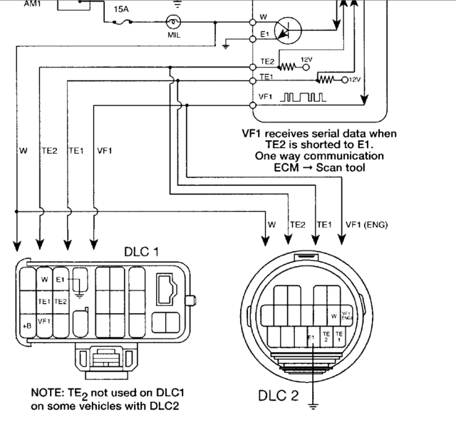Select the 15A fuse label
point(122,9)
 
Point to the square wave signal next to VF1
point(303,95)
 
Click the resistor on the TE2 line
point(286,66)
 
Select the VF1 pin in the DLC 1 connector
point(44,322)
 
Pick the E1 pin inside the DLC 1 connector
point(61,280)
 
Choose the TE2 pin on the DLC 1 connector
point(61,301)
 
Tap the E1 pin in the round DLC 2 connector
point(311,337)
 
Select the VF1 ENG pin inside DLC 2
point(346,314)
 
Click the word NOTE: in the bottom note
point(49,393)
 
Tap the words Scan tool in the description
point(341,168)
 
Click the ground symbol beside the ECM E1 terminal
point(225,46)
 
